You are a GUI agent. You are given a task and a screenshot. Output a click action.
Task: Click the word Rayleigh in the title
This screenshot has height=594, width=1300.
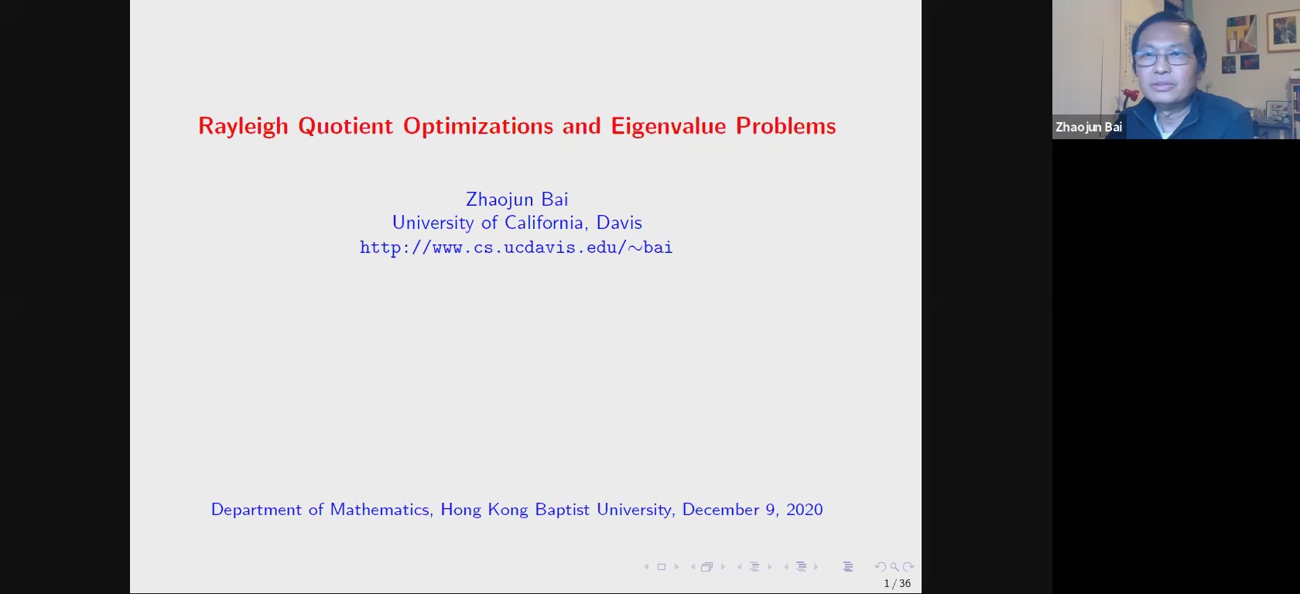(243, 127)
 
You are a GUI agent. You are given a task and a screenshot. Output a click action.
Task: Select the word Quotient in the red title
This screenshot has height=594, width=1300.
(345, 127)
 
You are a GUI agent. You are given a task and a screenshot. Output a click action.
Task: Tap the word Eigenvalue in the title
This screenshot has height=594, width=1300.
(668, 127)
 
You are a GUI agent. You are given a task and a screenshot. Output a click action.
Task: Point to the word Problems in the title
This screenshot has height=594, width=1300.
(786, 126)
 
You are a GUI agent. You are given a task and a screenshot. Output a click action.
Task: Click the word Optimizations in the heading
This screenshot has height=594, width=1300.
(478, 127)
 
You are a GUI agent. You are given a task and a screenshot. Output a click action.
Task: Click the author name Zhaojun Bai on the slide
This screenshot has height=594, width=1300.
(517, 200)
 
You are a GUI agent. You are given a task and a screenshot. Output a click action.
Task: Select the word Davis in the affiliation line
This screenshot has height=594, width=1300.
(619, 223)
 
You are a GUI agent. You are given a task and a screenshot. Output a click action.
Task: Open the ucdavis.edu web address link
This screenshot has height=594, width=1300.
(516, 247)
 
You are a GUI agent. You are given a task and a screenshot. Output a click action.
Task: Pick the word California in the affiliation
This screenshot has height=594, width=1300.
(546, 223)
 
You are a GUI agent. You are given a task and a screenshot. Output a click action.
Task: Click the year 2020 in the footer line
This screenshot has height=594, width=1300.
(805, 509)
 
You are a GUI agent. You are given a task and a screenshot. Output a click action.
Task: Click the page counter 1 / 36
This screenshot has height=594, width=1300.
(898, 583)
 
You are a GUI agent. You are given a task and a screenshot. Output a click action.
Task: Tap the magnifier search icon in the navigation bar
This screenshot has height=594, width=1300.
(895, 567)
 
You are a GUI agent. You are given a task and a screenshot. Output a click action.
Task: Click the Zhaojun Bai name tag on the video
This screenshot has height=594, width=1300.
(1089, 128)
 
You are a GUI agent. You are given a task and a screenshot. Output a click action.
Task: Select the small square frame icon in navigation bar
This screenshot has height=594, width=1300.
(662, 567)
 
